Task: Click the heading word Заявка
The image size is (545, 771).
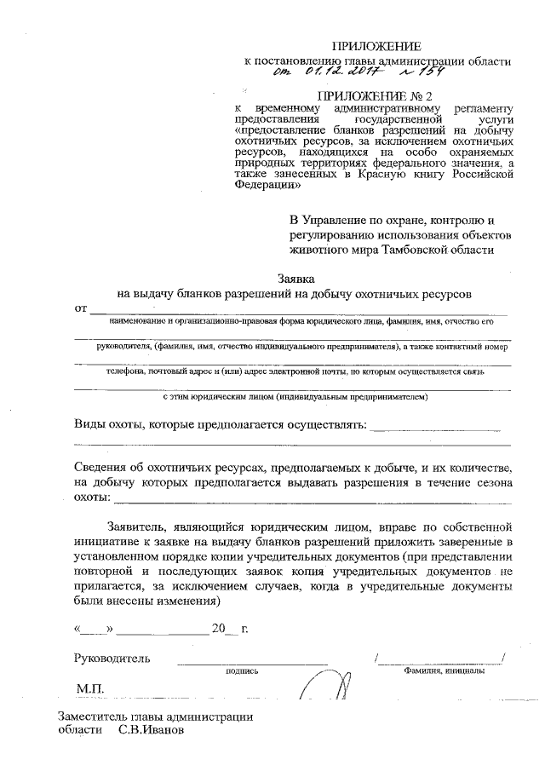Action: click(x=297, y=279)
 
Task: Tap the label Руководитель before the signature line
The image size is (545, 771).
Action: click(x=112, y=659)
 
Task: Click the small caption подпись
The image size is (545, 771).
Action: click(x=242, y=671)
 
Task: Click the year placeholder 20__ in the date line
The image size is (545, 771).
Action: click(x=225, y=630)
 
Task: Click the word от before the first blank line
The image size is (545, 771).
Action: click(x=82, y=308)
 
